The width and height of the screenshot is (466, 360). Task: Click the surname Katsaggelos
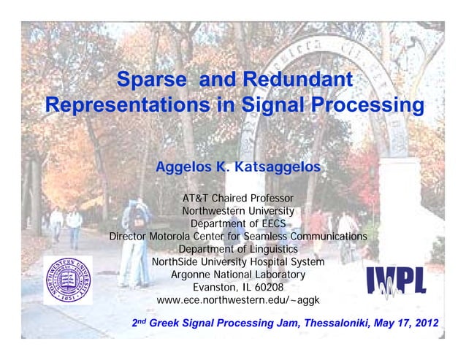tap(276, 168)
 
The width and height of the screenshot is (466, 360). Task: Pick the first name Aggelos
tap(187, 168)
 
